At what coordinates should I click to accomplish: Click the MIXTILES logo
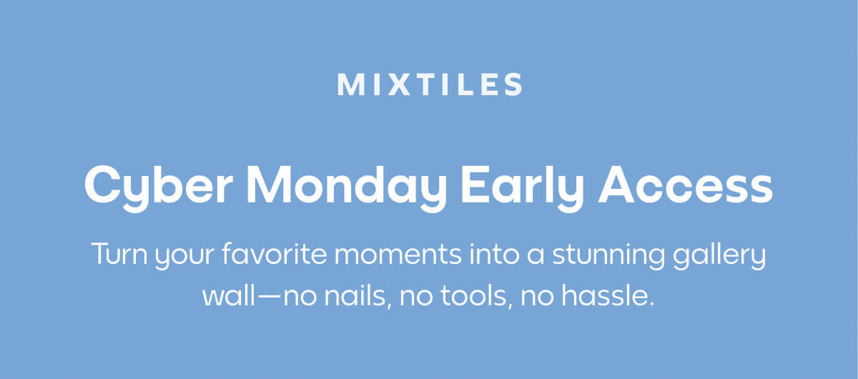point(429,84)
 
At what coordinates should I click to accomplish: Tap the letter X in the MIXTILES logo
point(389,84)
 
